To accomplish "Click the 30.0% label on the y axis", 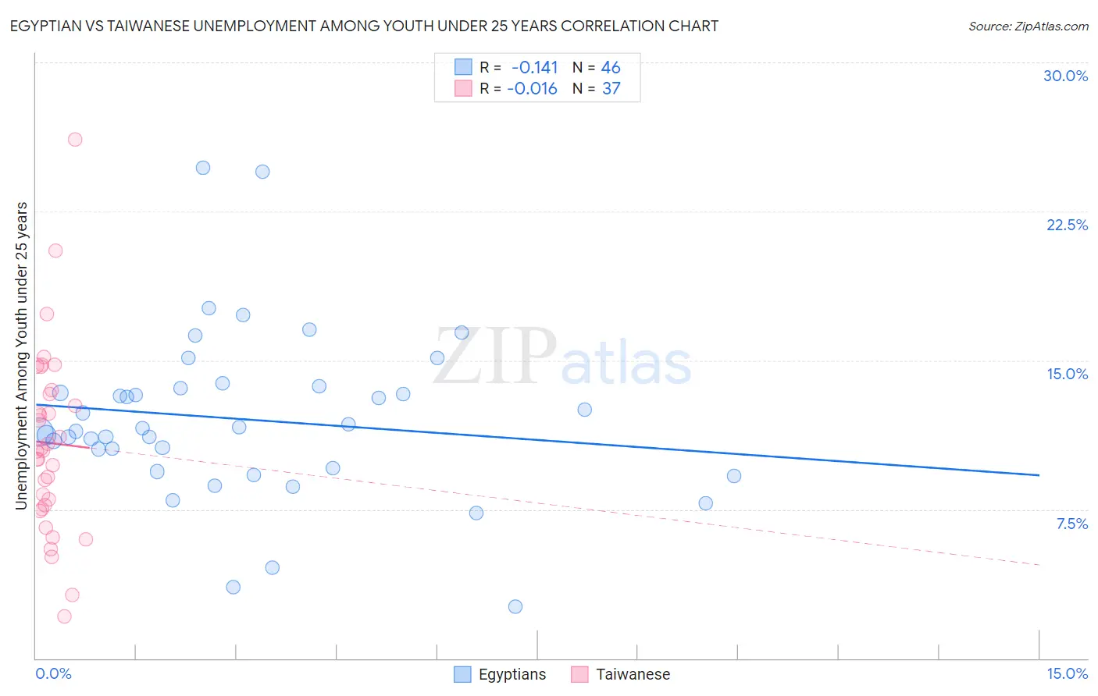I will [1065, 76].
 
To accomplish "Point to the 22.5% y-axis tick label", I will [1067, 225].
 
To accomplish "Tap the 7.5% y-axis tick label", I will [1071, 524].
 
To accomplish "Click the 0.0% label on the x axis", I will [53, 673].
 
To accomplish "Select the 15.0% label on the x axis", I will [1067, 673].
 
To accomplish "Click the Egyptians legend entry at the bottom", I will [501, 674].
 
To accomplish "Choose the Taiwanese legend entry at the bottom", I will [621, 674].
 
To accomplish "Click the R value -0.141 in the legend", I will [534, 68].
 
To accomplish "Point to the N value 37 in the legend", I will [611, 89].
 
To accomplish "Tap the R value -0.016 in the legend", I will [532, 89].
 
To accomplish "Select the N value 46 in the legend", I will [611, 68].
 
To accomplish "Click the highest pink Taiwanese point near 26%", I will [75, 140].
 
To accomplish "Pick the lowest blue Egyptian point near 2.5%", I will [515, 606].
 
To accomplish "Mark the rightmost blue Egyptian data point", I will [734, 476].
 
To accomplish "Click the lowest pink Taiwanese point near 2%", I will [65, 616].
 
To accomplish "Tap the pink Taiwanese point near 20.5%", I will [55, 250].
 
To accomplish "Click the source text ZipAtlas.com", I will [1028, 27].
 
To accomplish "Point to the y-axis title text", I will [22, 356].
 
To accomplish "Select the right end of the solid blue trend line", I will [1039, 475].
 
